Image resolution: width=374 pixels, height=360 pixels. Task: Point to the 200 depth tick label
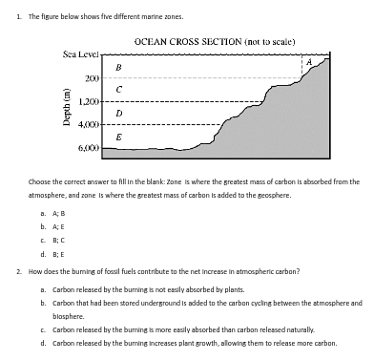click(92, 77)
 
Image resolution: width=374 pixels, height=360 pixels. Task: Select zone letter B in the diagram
click(117, 66)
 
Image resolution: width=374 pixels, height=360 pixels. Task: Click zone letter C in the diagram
click(117, 89)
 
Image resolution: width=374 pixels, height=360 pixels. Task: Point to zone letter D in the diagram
click(117, 114)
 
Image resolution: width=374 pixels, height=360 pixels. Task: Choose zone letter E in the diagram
click(117, 138)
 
